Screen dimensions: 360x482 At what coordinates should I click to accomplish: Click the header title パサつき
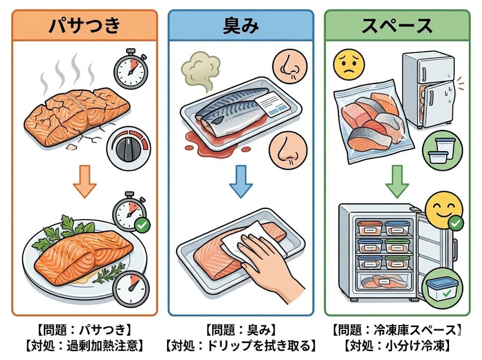click(85, 26)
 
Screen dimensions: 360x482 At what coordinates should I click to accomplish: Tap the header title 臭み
click(241, 26)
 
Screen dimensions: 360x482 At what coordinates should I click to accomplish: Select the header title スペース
click(397, 26)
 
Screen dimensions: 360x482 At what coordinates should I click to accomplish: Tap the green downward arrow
click(397, 181)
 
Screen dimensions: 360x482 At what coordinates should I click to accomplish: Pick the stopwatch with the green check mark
click(129, 212)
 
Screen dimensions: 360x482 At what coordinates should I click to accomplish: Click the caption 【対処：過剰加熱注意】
click(85, 346)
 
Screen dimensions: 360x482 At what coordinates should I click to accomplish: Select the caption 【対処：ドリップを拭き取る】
click(241, 346)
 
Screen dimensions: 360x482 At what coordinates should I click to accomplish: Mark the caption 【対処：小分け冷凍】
click(397, 346)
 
